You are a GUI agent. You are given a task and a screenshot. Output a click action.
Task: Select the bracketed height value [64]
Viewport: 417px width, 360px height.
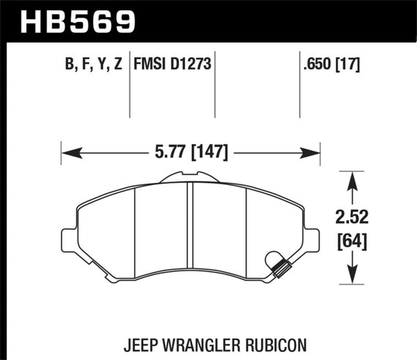point(353,239)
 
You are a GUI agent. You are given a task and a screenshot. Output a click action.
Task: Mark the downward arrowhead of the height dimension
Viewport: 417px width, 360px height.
point(353,278)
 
